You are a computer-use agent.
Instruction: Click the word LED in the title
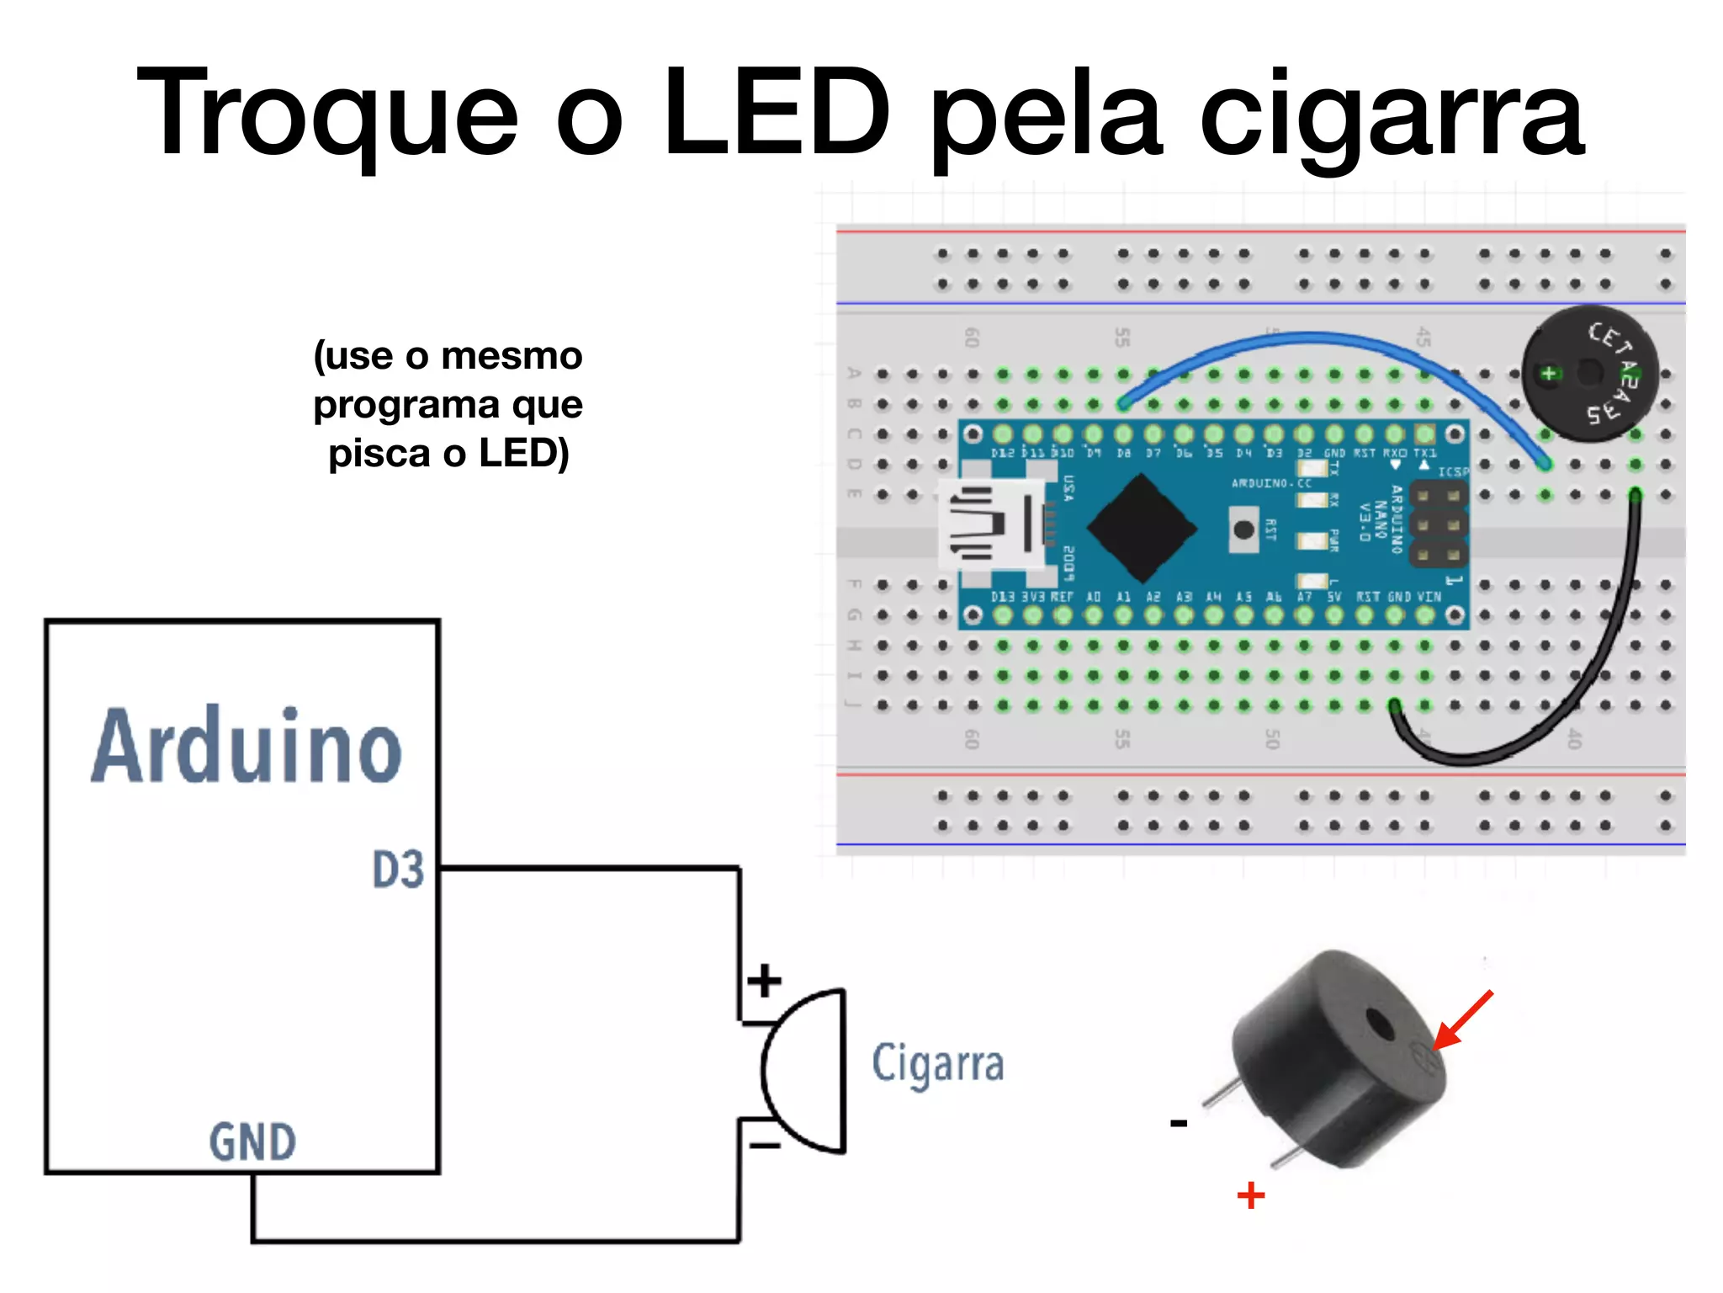click(x=776, y=111)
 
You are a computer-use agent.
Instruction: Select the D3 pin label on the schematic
click(x=398, y=870)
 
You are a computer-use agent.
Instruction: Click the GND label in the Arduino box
click(x=252, y=1142)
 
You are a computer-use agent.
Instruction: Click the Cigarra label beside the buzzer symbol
click(x=937, y=1063)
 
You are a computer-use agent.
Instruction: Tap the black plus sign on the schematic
click(x=764, y=981)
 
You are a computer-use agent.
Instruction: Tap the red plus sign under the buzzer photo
click(x=1250, y=1195)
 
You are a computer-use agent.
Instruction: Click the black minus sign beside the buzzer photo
click(x=1179, y=1123)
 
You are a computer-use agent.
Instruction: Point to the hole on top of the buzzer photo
click(x=1379, y=1025)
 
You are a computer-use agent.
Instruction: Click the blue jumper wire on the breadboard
click(x=1312, y=339)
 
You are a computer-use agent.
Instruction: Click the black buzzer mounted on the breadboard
click(x=1589, y=373)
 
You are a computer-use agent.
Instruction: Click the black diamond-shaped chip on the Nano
click(x=1142, y=528)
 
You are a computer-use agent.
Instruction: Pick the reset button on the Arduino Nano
click(x=1243, y=529)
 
